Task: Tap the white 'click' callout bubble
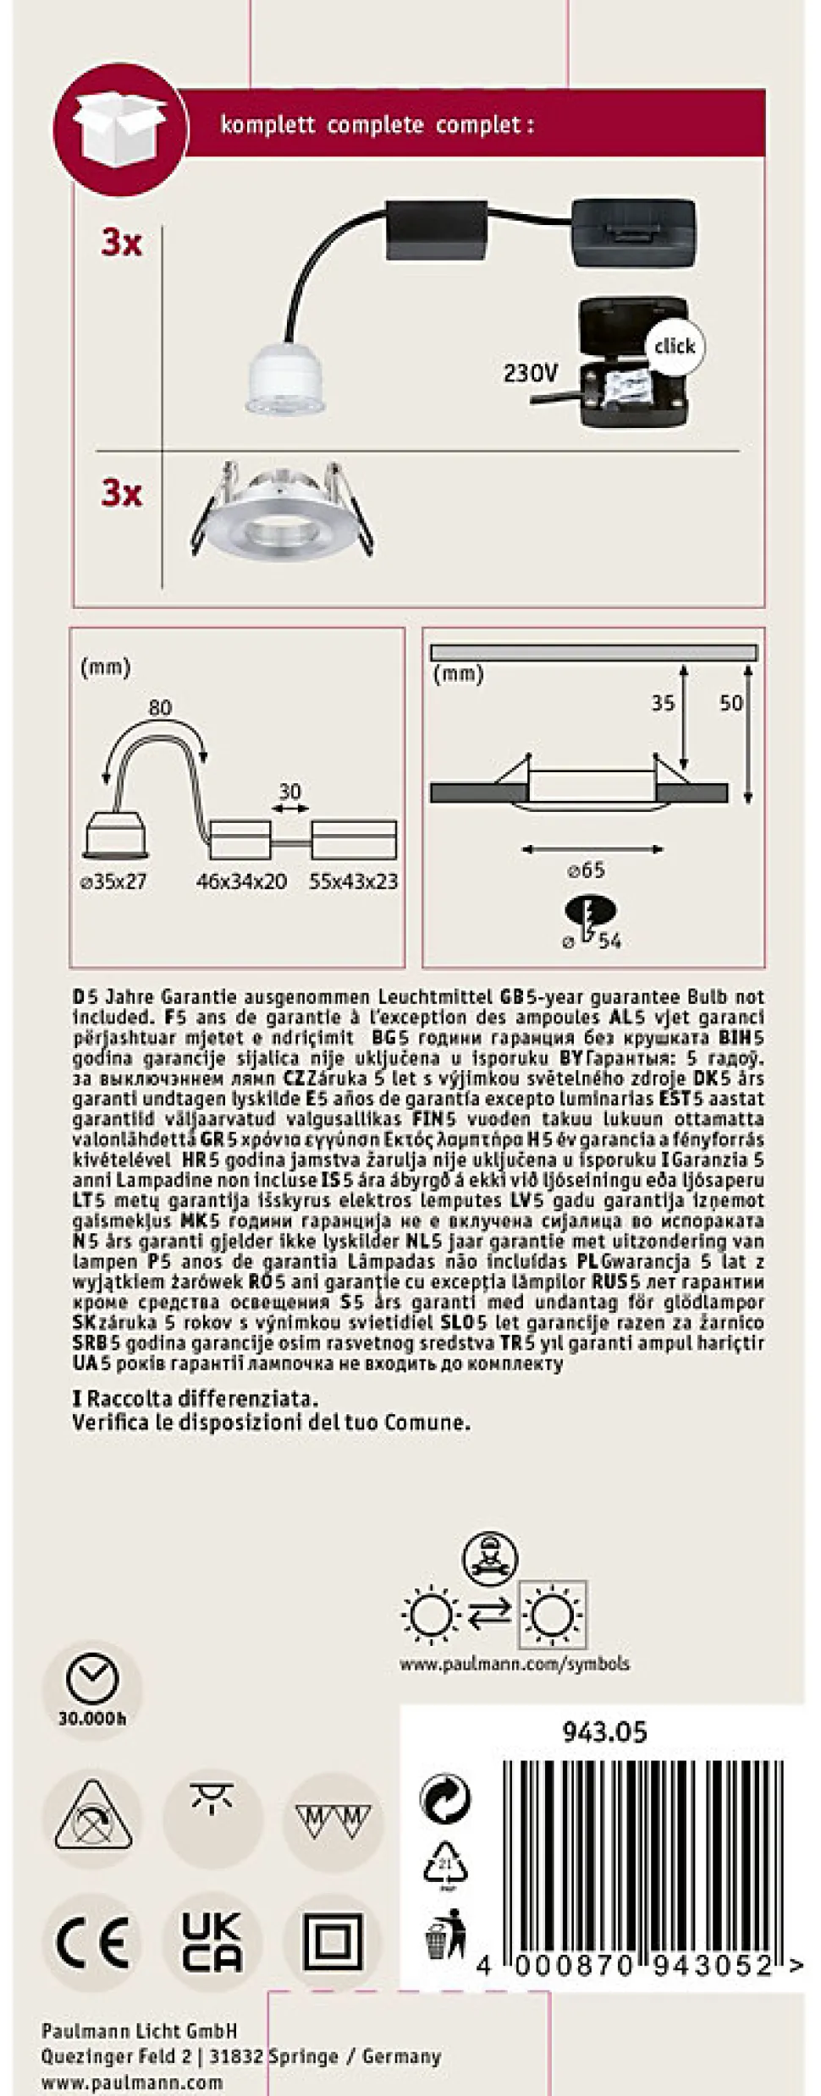pyautogui.click(x=674, y=346)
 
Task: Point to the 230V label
pyautogui.click(x=531, y=372)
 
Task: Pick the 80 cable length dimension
pyautogui.click(x=159, y=708)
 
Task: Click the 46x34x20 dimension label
pyautogui.click(x=241, y=881)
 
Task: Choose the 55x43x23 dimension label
pyautogui.click(x=353, y=881)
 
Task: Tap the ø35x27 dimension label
pyautogui.click(x=113, y=881)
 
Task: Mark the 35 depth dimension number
pyautogui.click(x=663, y=703)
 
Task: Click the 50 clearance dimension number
pyautogui.click(x=730, y=703)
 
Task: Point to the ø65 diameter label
pyautogui.click(x=586, y=870)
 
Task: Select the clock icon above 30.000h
pyautogui.click(x=92, y=1679)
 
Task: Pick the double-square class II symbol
pyautogui.click(x=333, y=1943)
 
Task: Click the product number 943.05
pyautogui.click(x=604, y=1732)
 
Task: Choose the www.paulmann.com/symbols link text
pyautogui.click(x=515, y=1664)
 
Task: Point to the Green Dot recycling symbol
pyautogui.click(x=445, y=1798)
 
